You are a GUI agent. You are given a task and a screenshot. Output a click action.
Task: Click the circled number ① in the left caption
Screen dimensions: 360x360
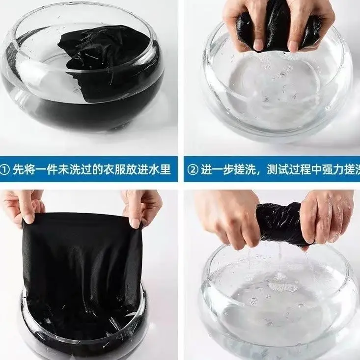click(5, 169)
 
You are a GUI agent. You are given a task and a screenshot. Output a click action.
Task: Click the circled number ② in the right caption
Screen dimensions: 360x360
click(193, 169)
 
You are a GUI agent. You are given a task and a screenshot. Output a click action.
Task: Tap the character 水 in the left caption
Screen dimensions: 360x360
click(154, 169)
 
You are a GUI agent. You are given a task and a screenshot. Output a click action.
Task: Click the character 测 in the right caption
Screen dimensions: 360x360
click(273, 169)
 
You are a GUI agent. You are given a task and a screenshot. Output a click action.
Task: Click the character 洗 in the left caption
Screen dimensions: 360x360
click(75, 169)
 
